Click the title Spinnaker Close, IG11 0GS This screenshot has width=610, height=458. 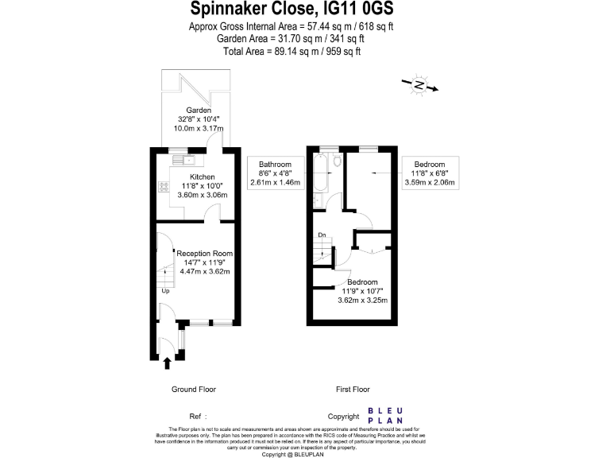[x=291, y=10]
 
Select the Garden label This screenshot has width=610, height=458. [x=199, y=110]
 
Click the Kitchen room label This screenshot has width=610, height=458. [x=202, y=177]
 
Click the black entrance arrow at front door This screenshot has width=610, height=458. [x=168, y=364]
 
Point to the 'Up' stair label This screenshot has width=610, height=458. [x=165, y=291]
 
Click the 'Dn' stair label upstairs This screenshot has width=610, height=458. [x=322, y=235]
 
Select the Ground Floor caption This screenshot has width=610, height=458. [x=194, y=390]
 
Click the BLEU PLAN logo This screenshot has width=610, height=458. [x=384, y=416]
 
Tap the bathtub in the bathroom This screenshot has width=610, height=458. [x=319, y=174]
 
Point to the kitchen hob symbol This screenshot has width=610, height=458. [x=162, y=188]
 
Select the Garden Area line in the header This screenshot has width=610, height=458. [x=291, y=38]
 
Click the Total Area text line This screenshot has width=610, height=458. [x=291, y=51]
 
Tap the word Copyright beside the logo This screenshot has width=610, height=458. [x=344, y=416]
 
